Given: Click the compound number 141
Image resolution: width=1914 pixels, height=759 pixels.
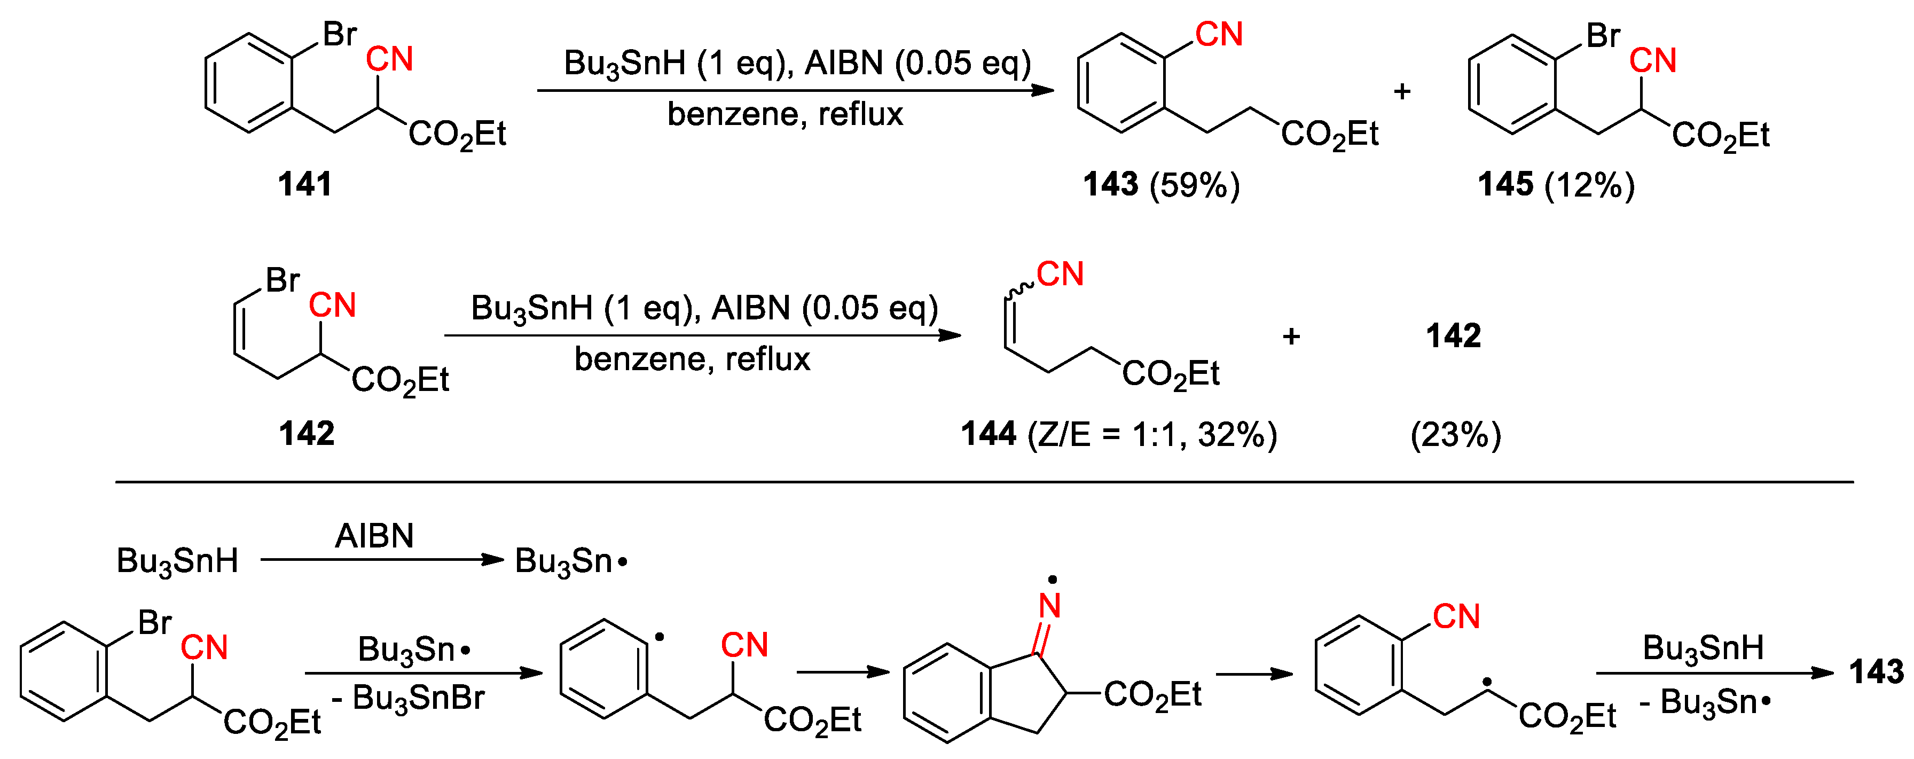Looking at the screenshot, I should [x=304, y=184].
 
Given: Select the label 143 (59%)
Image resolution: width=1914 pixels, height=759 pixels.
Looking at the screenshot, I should [x=1160, y=184].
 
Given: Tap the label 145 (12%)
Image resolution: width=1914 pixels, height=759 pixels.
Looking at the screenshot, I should [x=1556, y=184].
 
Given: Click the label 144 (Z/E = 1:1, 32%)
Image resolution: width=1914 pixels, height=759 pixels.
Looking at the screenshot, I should [x=1118, y=434].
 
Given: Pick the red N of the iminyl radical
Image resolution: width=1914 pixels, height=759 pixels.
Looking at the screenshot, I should [x=1049, y=606].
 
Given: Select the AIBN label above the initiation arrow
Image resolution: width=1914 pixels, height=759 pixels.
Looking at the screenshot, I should [x=374, y=535].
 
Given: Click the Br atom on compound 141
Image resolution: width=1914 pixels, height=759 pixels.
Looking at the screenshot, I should [x=340, y=34].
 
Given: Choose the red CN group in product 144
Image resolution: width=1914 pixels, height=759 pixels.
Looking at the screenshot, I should [x=1060, y=275].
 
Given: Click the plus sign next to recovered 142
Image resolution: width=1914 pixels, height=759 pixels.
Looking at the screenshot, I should [x=1291, y=336].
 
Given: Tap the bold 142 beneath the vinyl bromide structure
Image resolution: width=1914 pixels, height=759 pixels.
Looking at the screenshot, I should [x=306, y=433].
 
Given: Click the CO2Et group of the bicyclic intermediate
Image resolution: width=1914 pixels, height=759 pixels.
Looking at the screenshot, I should [x=1152, y=695].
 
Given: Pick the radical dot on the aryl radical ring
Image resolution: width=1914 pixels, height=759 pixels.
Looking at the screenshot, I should [x=659, y=637].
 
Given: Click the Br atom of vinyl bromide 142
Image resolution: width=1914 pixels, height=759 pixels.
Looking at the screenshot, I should [x=283, y=280].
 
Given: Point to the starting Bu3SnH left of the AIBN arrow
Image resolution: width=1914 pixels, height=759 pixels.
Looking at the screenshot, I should [x=177, y=561].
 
